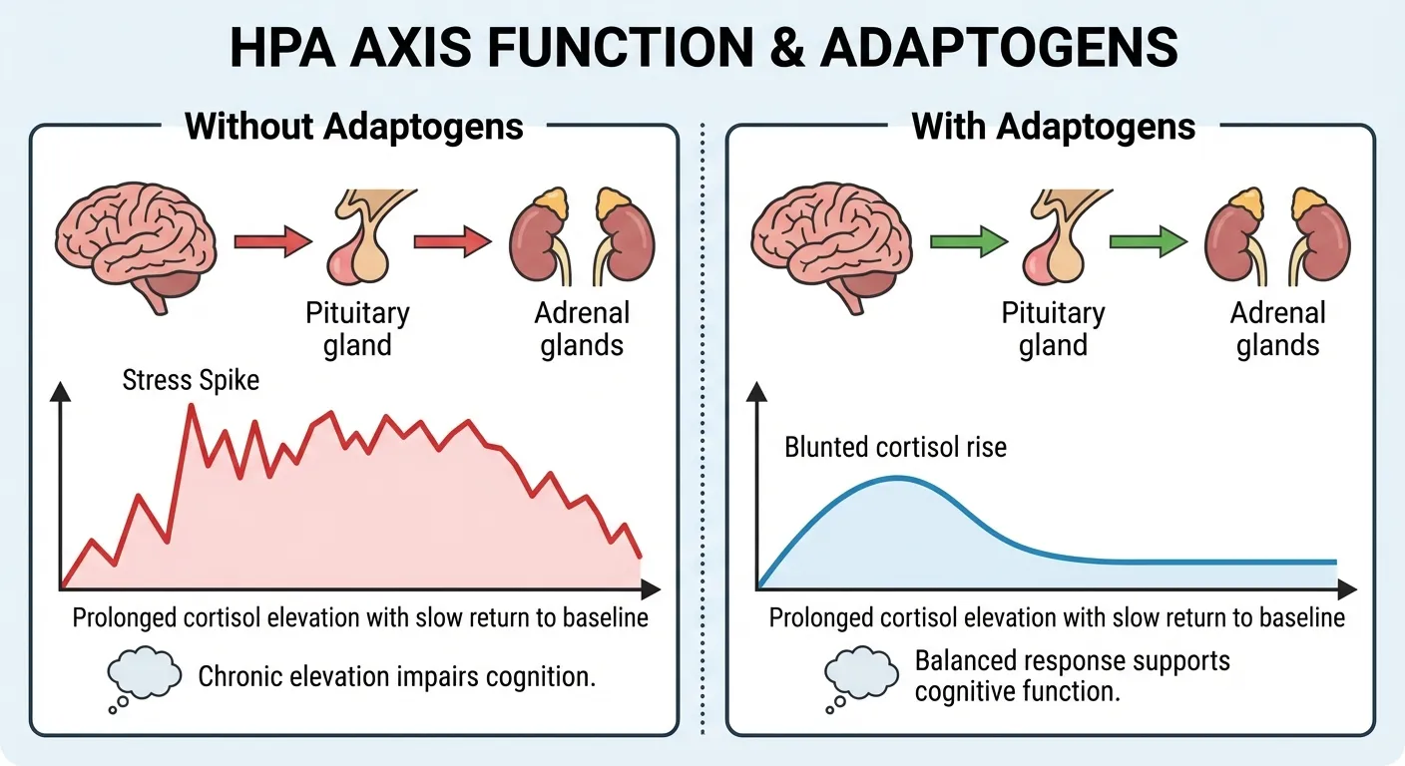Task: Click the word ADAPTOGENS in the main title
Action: pos(999,47)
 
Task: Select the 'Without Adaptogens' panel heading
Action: pos(354,127)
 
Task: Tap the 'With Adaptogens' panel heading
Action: pos(1054,127)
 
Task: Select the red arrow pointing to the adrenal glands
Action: pos(452,241)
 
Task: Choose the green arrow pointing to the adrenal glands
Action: pos(1148,241)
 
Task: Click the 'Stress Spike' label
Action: pos(191,380)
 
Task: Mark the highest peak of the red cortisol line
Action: pos(191,406)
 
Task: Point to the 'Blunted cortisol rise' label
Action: pos(896,446)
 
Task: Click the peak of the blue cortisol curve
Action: pos(896,479)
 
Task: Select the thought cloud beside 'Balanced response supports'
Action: pos(858,676)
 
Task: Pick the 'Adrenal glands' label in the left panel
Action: pos(582,329)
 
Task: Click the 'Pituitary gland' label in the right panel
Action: pos(1053,329)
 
